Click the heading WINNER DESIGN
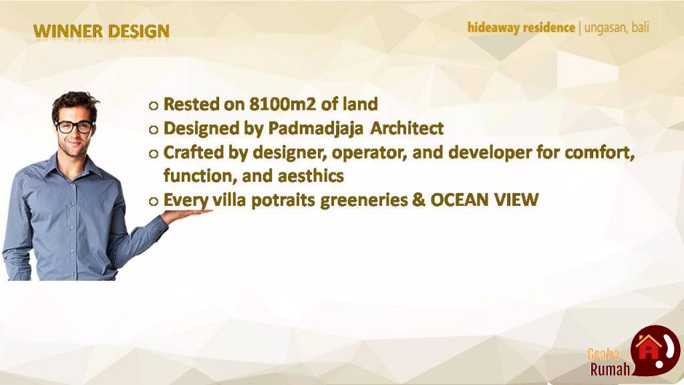[102, 31]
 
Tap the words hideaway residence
[521, 28]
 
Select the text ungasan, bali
[617, 28]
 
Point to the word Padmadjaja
[315, 129]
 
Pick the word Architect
[407, 128]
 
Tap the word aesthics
[311, 176]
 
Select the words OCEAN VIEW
[484, 200]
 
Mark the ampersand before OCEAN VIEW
[419, 200]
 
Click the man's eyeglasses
[75, 127]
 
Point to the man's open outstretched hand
[186, 215]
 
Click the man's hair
[75, 104]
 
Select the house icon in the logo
[648, 347]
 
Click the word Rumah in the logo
[611, 369]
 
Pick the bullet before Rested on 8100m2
[153, 106]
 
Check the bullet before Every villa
[153, 201]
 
